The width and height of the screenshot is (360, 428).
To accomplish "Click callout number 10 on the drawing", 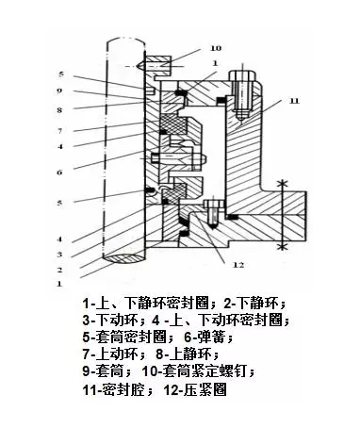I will point(216,47).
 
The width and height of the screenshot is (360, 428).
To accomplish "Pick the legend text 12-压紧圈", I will point(198,388).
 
